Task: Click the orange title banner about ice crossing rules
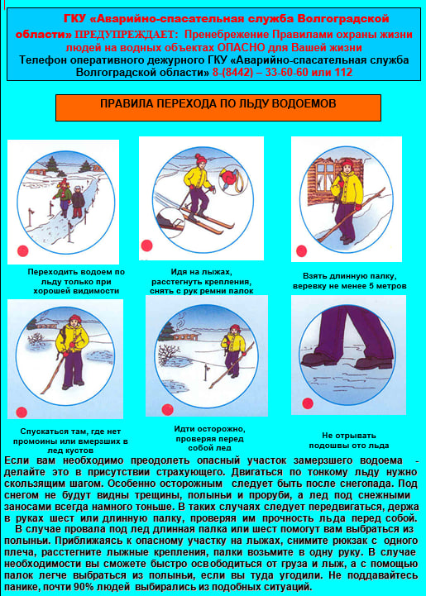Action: point(218,107)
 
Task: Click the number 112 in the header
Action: point(343,72)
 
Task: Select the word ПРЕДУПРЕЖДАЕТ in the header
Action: point(127,35)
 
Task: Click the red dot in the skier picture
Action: point(146,246)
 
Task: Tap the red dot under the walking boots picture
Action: point(308,403)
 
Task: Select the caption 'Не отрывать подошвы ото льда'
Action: point(349,440)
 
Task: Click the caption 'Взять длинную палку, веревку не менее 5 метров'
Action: point(350,281)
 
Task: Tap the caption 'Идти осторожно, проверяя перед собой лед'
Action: point(209,438)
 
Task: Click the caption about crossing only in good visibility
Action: point(76,282)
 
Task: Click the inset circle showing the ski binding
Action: point(170,222)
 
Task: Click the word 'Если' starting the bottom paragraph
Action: point(17,460)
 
